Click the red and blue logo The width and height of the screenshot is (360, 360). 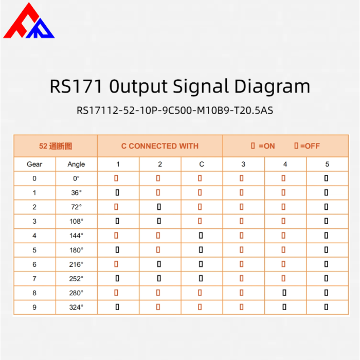coord(29,21)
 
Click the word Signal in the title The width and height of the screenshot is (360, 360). coord(201,86)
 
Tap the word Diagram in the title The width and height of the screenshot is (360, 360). coord(272,86)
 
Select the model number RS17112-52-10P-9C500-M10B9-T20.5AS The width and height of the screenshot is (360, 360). coord(175,111)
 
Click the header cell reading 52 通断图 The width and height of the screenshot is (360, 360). coord(56,146)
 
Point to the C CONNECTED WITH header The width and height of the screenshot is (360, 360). coord(160,146)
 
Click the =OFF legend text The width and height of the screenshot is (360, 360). coord(310,146)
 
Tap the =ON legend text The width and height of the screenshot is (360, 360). coord(266,146)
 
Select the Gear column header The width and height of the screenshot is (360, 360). coord(34,164)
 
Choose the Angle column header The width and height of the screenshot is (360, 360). coord(76,165)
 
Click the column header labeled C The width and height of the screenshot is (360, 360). coord(202,164)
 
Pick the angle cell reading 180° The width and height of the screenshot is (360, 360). coord(76,250)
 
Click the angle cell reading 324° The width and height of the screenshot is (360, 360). coord(76,307)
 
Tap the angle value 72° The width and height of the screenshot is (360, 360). coord(76,207)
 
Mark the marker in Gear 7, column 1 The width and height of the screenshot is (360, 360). coord(117,279)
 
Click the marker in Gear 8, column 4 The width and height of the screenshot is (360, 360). coord(284,293)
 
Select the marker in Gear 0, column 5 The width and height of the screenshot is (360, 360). coord(326,178)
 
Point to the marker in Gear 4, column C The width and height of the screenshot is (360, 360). coord(201,236)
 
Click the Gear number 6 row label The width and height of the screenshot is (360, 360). coord(34,264)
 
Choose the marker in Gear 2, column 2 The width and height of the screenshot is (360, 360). coord(159,207)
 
